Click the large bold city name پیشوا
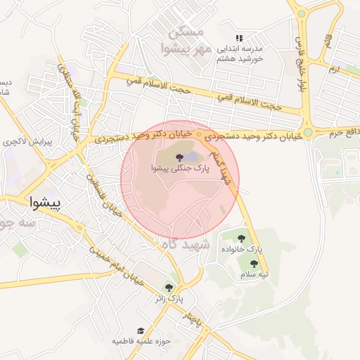[46, 203]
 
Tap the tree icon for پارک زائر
[168, 287]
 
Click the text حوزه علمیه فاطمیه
[140, 341]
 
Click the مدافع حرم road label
[345, 132]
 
